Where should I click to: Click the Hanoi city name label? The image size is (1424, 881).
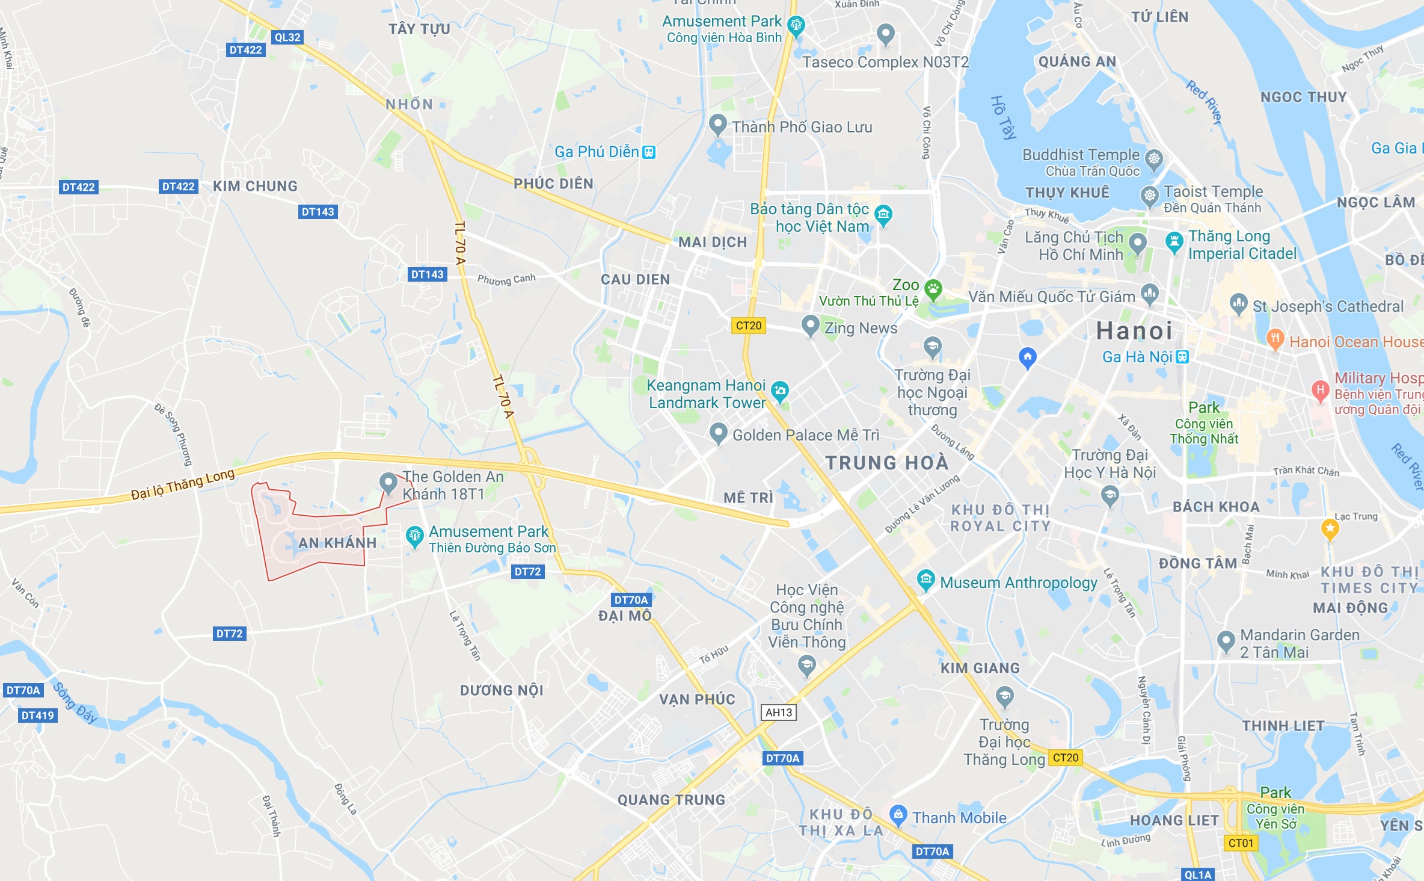(1134, 331)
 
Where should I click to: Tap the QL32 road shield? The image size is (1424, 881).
(287, 37)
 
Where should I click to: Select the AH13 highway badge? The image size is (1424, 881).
(779, 713)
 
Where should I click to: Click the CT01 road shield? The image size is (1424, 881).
(1240, 843)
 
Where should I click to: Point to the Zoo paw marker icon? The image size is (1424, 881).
(933, 289)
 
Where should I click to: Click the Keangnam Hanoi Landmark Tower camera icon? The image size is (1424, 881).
(780, 391)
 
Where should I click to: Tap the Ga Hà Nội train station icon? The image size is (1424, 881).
(1182, 357)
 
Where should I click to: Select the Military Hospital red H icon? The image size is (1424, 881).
(1320, 390)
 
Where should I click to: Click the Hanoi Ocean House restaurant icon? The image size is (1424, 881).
(1275, 338)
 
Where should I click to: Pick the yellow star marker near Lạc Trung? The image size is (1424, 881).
(1330, 529)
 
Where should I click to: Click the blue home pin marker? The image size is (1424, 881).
(1028, 357)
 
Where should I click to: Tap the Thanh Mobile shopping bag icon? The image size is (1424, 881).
(898, 815)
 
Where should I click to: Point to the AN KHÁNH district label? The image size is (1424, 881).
(337, 543)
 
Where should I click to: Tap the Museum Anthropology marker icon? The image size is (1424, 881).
(925, 580)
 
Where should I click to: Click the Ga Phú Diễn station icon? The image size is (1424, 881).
(648, 152)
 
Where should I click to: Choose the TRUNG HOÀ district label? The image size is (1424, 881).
(886, 463)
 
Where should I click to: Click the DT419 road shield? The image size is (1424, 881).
(38, 716)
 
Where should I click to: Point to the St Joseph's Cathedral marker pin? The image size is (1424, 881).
(1238, 303)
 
